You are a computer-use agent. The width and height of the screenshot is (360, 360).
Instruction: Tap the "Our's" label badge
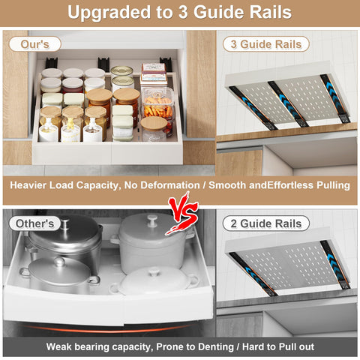tap(34, 44)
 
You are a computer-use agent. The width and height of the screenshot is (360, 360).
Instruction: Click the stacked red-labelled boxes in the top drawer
tap(153, 73)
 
